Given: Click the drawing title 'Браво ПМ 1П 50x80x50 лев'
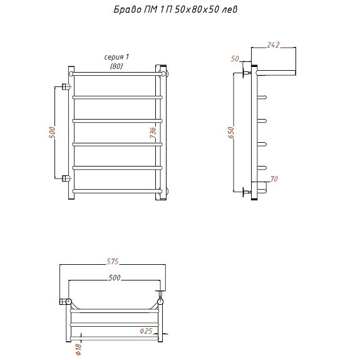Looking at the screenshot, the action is click(175, 9).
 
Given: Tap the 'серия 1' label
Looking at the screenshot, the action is click(116, 57).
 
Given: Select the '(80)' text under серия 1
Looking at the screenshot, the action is click(116, 66).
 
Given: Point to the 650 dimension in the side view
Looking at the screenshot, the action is click(231, 133).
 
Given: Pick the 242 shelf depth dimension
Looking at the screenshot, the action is click(273, 45).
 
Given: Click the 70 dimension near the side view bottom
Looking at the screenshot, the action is click(274, 178).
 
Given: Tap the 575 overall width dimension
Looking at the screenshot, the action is click(112, 261).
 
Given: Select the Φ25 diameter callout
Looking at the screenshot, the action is click(146, 331).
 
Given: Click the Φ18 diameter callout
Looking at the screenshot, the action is click(78, 349).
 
